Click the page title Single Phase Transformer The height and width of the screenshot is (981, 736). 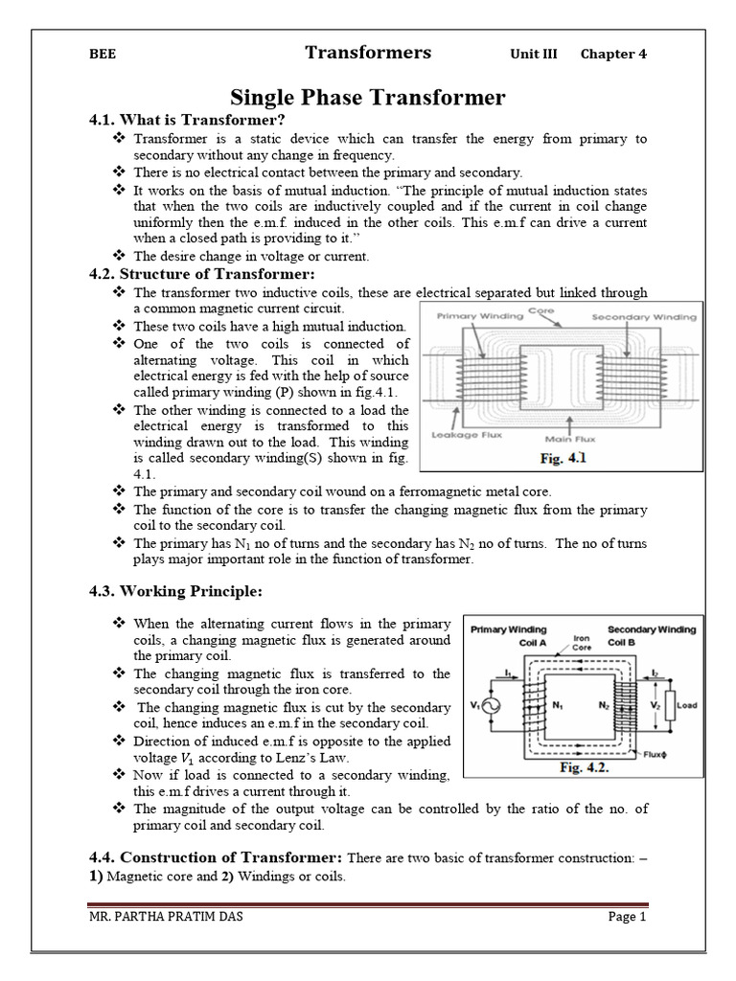368,98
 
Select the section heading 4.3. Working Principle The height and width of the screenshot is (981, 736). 175,589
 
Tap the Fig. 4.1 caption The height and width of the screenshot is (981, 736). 563,459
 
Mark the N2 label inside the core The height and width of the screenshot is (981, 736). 605,704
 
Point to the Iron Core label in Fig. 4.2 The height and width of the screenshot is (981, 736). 581,642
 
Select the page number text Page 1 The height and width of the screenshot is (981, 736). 628,917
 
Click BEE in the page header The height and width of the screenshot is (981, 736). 103,55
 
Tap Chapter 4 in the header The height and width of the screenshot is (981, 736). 613,55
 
